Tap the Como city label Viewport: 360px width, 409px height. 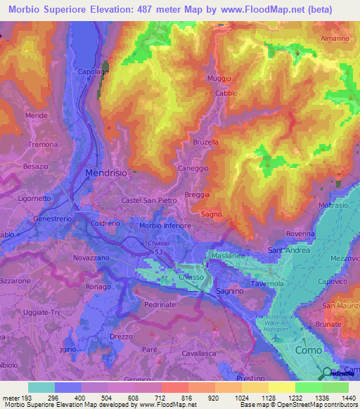point(309,350)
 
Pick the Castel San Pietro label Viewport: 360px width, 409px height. point(148,202)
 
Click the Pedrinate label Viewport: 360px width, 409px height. point(160,305)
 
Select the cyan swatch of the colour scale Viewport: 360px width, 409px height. point(41,387)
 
